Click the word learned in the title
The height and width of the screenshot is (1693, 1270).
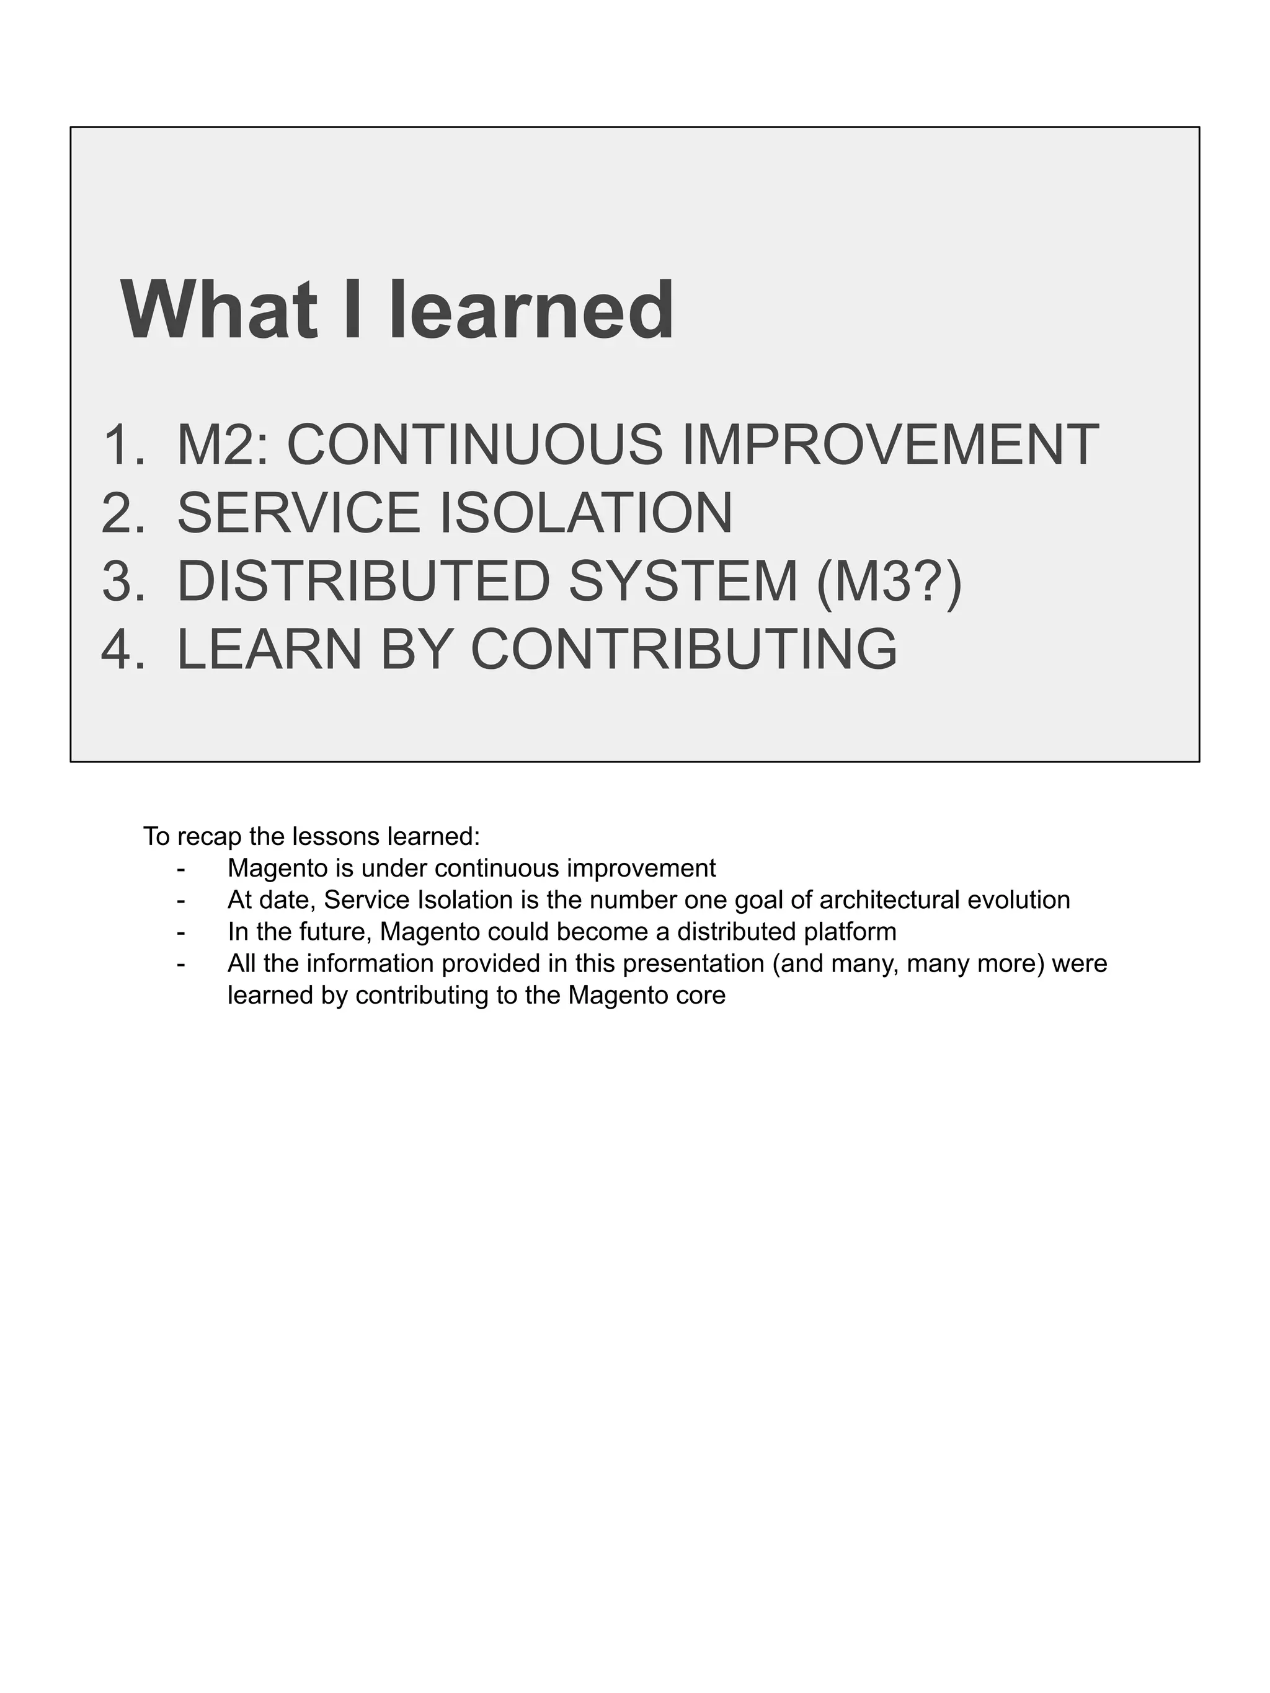[531, 311]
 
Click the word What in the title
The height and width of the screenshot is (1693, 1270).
[219, 311]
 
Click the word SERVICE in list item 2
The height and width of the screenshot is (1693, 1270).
[298, 513]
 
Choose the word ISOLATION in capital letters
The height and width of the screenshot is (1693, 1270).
[585, 513]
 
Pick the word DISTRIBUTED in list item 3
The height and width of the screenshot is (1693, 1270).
[363, 581]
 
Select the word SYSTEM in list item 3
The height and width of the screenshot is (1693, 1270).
[683, 581]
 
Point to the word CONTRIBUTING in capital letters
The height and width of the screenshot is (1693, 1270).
[683, 649]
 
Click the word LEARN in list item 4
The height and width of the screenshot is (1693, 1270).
[269, 649]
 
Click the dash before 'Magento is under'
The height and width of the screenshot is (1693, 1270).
[180, 869]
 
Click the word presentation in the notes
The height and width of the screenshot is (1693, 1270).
[693, 963]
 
